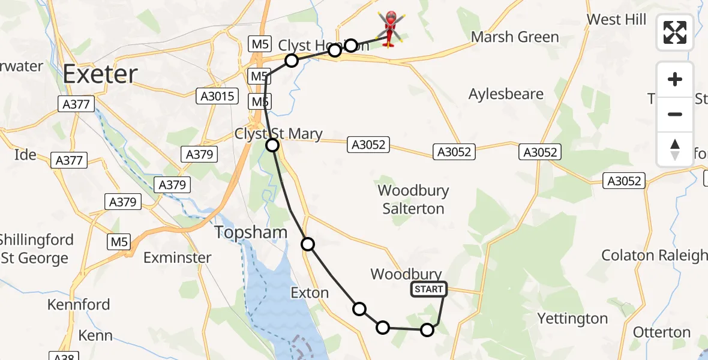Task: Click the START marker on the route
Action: click(x=428, y=290)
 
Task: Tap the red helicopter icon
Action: click(x=391, y=28)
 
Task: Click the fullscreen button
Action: click(x=675, y=32)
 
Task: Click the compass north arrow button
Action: click(x=675, y=149)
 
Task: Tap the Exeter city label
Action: click(x=100, y=74)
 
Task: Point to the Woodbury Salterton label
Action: click(x=413, y=200)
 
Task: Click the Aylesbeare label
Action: click(x=506, y=94)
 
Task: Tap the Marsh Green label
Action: click(x=515, y=37)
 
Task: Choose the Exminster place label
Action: click(x=177, y=258)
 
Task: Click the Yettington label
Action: click(x=572, y=319)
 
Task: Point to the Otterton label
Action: click(x=662, y=332)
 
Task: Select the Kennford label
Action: click(x=79, y=304)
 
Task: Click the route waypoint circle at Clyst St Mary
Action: click(x=272, y=145)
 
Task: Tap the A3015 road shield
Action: click(x=217, y=96)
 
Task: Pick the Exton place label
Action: click(x=310, y=293)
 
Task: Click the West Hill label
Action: click(x=616, y=19)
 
